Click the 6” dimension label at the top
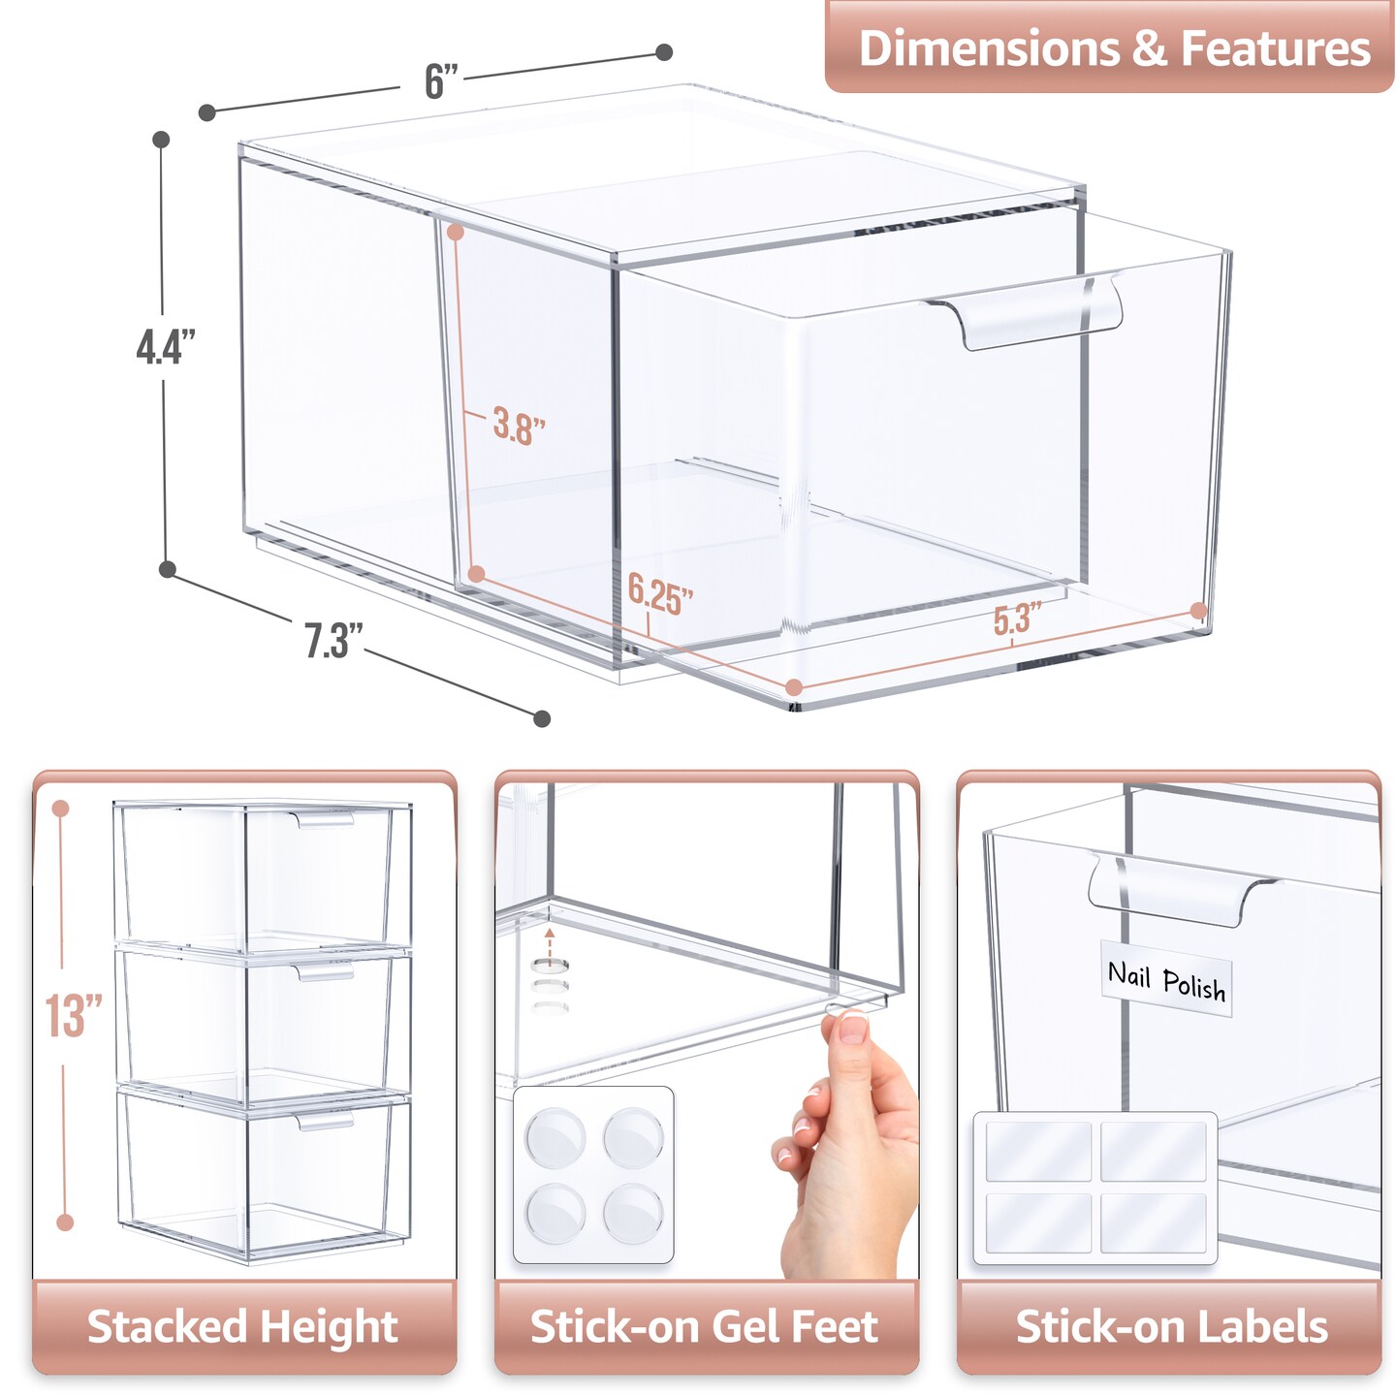coord(441,81)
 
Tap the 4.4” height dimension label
coord(166,346)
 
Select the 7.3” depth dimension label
coord(333,641)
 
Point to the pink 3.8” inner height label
coord(519,426)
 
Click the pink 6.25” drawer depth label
coord(660,593)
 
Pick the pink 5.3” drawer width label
coord(1017,619)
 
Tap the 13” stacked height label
coord(73,1015)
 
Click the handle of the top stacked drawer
coord(325,821)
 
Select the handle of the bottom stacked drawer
coord(325,1122)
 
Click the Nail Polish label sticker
coord(1166,980)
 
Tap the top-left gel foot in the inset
coord(555,1137)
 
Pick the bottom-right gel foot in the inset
coord(633,1213)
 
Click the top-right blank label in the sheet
coord(1154,1151)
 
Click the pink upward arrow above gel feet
coord(550,938)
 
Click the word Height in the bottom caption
coord(329,1327)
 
